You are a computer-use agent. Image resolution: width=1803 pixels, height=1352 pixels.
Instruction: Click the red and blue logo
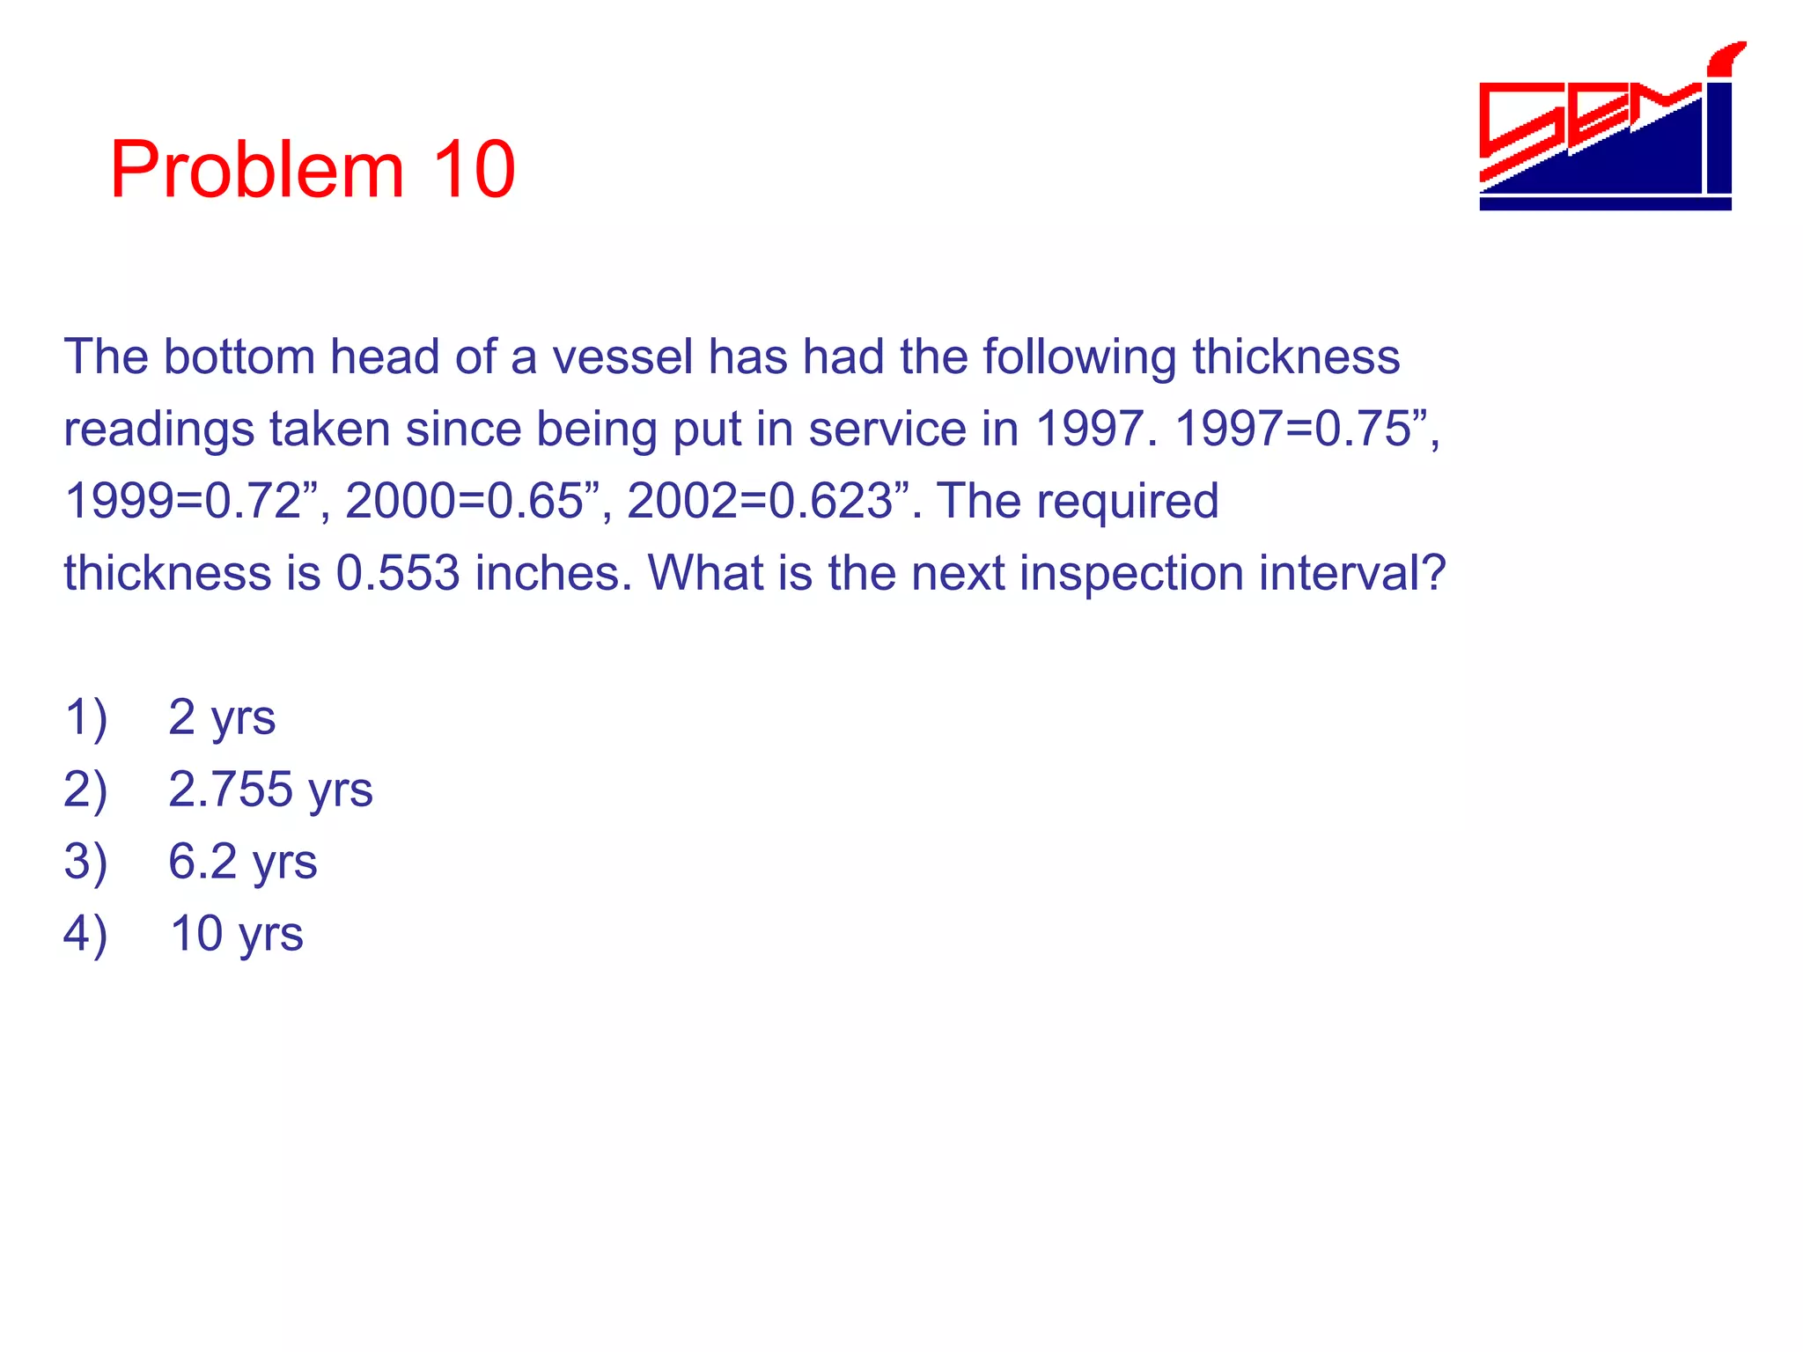coord(1608,132)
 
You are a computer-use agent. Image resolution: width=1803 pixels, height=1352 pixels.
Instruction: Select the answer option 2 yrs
coord(222,717)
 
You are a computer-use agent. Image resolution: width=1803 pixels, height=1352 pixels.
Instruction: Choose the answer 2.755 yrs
coord(270,790)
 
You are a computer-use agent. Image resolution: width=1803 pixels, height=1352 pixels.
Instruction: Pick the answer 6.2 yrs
coord(242,862)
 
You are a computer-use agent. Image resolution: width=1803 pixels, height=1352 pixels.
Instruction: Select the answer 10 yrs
coord(236,934)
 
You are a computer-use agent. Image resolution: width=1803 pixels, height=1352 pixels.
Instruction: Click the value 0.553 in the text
coord(397,574)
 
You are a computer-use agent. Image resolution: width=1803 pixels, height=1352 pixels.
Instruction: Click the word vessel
coord(622,357)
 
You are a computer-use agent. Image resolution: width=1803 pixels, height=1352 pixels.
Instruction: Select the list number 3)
coord(85,862)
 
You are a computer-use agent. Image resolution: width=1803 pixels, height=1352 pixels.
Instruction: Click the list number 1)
coord(85,717)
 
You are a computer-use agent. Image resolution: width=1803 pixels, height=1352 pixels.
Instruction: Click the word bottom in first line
coord(239,357)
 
